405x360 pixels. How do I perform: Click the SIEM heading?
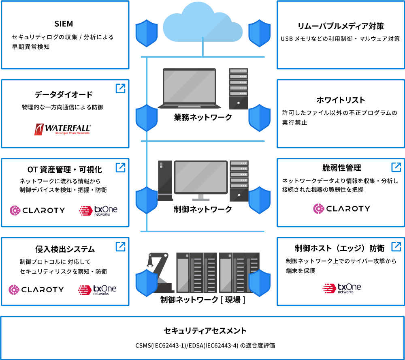(x=64, y=24)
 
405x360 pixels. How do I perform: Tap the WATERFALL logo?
(x=62, y=129)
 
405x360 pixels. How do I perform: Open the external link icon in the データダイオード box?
(x=120, y=88)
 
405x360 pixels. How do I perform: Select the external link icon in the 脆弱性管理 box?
(x=396, y=167)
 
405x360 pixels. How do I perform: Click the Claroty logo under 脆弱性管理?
(x=341, y=209)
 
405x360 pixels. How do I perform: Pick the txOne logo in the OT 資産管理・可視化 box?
(x=98, y=211)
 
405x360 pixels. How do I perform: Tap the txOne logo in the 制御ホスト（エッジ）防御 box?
(x=341, y=288)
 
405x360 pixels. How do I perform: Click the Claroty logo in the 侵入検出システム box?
(x=36, y=289)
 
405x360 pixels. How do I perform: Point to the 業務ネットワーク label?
(x=203, y=118)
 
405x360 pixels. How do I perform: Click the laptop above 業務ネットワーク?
(x=189, y=88)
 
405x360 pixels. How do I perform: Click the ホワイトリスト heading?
(x=341, y=100)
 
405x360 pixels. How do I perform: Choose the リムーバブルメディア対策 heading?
(x=341, y=26)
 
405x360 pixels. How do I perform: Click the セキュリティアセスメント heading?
(x=205, y=330)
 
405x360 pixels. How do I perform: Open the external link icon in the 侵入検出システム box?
(x=120, y=247)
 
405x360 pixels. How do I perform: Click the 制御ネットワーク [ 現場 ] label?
(x=203, y=300)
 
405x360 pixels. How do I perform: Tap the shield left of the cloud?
(x=147, y=33)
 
